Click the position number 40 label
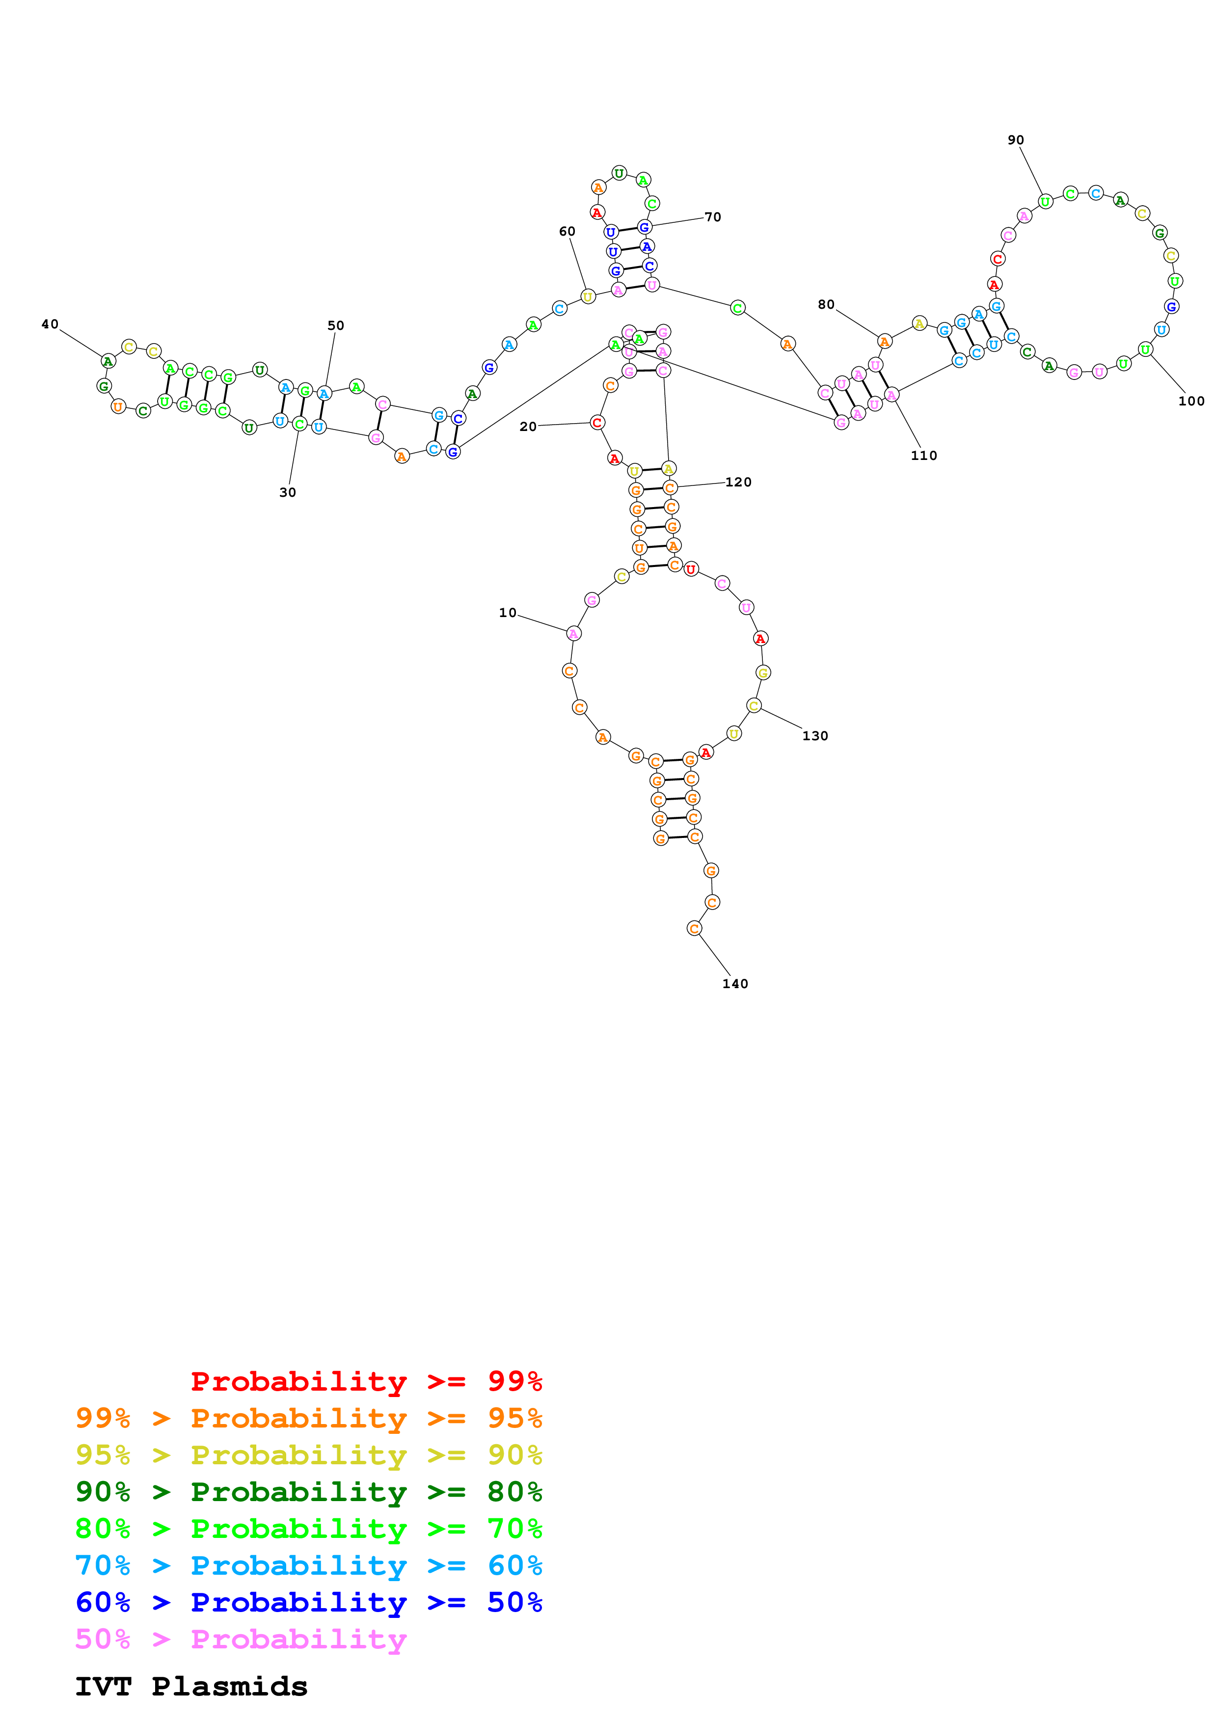[x=50, y=324]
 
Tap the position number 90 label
[x=1015, y=140]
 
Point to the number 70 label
[x=712, y=217]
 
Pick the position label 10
[x=508, y=613]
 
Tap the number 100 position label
[x=1191, y=401]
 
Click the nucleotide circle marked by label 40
[x=108, y=361]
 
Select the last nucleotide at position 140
[x=694, y=929]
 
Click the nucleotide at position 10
[x=573, y=634]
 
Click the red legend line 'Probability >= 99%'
[x=366, y=1381]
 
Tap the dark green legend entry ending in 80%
[x=308, y=1492]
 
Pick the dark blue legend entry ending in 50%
[x=308, y=1603]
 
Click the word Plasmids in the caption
[x=229, y=1687]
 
